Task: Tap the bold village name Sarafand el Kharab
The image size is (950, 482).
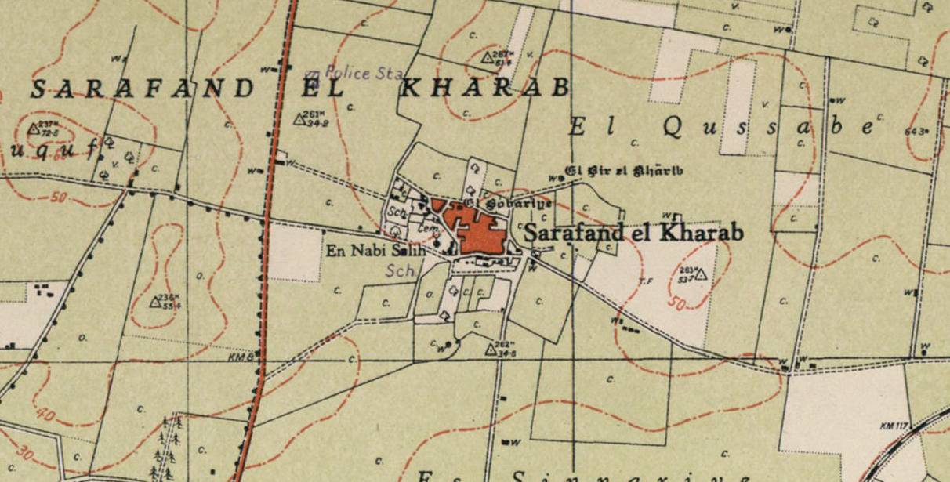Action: (x=633, y=233)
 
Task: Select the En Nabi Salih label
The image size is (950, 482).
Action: (x=375, y=251)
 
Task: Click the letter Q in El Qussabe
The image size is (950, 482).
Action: (x=671, y=128)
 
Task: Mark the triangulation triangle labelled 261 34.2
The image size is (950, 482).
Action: (x=299, y=119)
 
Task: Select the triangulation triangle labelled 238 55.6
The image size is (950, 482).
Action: (x=155, y=302)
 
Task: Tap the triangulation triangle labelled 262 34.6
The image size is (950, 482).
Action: (x=491, y=350)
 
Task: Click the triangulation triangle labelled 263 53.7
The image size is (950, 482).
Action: (x=702, y=274)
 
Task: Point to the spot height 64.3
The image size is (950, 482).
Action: (x=926, y=132)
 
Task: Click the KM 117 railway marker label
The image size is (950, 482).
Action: (x=893, y=426)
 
